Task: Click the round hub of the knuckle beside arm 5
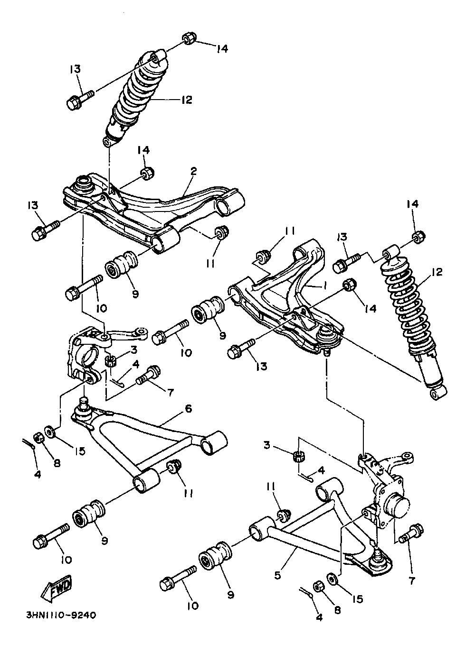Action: pos(397,506)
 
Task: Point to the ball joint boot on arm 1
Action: pos(326,335)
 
